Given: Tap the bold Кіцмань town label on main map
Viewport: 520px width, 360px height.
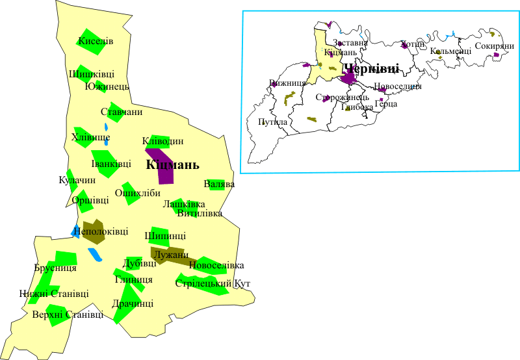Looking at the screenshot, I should point(172,165).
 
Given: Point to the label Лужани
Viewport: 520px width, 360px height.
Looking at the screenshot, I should point(172,255).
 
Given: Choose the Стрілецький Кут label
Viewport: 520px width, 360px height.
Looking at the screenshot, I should point(213,284).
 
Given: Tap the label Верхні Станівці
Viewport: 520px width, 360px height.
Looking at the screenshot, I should point(68,315).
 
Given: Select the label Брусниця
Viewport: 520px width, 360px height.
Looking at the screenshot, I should point(55,268).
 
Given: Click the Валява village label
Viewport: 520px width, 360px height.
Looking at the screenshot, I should point(219,185).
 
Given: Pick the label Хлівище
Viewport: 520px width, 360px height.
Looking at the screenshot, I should point(90,137).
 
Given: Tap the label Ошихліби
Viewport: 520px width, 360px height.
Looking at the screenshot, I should point(137,193).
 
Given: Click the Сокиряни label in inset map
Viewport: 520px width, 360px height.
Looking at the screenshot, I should point(495,46).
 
